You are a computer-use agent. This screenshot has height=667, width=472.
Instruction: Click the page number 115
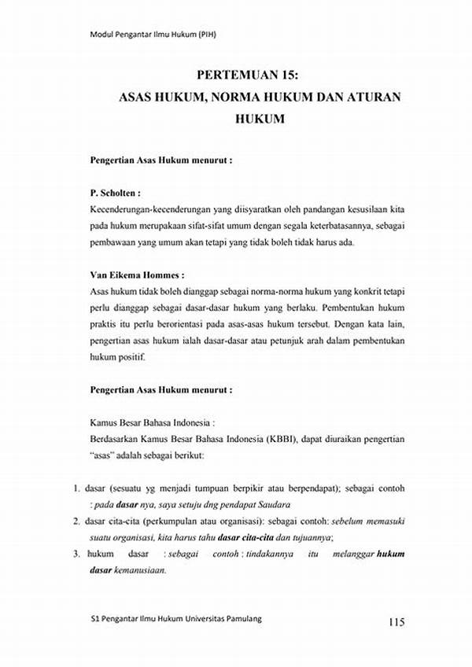396,623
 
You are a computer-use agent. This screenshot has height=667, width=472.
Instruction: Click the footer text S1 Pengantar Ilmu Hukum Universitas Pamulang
176,619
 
